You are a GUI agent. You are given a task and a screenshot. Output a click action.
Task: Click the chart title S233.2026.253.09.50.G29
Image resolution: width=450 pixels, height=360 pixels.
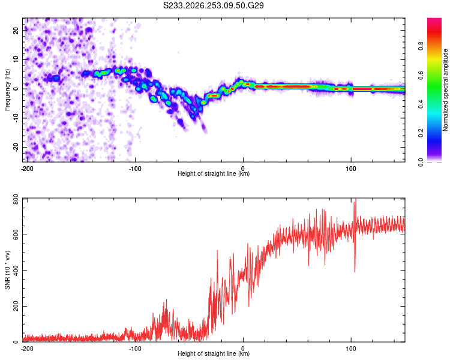coord(213,5)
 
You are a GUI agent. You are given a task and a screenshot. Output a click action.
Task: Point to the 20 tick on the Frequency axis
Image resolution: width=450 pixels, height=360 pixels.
coord(16,30)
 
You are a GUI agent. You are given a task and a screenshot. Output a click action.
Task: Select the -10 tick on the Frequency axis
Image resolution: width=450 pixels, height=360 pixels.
coord(16,118)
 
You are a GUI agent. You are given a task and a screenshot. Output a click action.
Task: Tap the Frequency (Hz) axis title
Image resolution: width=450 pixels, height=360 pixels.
coord(7,90)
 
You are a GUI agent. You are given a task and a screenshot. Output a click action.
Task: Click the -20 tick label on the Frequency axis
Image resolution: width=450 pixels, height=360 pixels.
coord(16,147)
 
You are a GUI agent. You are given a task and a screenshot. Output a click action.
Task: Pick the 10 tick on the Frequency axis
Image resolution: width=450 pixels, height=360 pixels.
coord(16,59)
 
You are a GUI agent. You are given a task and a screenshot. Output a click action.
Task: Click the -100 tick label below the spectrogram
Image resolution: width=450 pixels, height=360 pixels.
coord(135,169)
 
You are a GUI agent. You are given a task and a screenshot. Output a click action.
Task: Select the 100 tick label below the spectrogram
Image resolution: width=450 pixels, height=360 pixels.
coord(351,169)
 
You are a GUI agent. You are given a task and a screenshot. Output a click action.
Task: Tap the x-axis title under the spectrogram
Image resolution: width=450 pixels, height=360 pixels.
coord(214,173)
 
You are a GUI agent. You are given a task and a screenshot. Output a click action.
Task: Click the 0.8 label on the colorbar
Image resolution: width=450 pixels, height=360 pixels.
coord(421,46)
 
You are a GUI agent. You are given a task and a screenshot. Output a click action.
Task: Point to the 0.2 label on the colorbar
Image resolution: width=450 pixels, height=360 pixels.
coord(421,133)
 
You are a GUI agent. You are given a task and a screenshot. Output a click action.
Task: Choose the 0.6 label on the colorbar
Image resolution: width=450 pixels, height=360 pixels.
coord(421,75)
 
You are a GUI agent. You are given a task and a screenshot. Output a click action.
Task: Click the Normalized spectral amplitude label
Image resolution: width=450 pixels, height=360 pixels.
coord(445,90)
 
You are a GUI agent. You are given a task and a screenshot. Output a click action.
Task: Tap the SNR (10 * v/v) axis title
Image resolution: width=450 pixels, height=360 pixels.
coord(7,270)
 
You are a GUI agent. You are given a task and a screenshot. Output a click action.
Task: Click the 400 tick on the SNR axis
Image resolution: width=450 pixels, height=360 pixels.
coord(16,271)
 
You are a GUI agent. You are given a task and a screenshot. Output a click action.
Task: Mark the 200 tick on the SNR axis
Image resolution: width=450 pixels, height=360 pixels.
coord(16,307)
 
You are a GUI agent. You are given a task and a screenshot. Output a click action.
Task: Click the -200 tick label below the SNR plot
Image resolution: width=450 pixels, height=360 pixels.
coord(27,349)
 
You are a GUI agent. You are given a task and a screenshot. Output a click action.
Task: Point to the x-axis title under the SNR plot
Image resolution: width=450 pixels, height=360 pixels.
coord(214,353)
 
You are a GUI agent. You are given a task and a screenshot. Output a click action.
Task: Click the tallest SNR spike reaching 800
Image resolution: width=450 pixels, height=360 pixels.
coord(356,199)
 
